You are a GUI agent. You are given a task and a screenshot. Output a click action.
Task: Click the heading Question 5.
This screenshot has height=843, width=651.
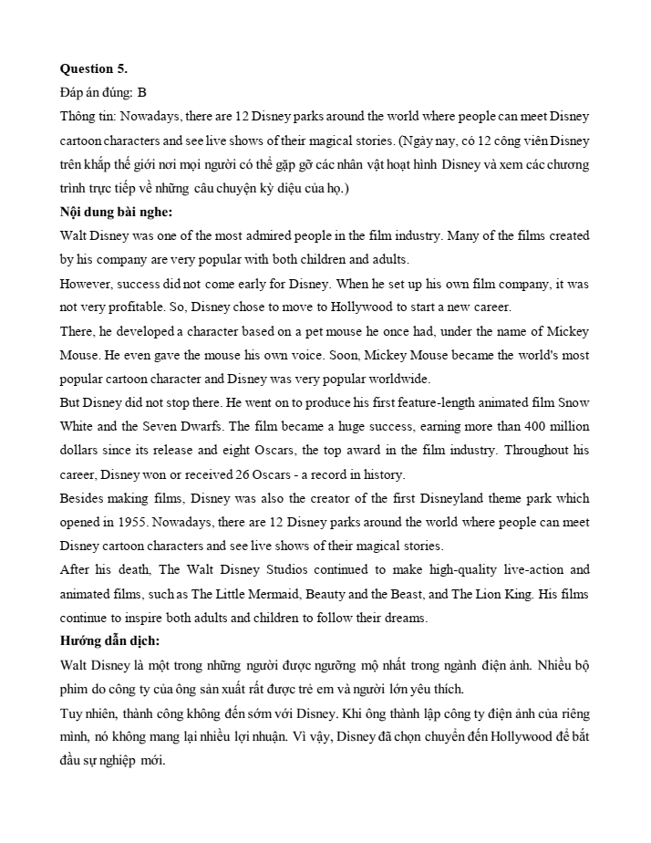pos(94,68)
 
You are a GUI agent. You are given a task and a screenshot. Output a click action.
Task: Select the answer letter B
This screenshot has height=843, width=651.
pos(142,92)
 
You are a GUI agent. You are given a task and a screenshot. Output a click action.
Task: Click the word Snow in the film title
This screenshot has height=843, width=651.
pos(573,402)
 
